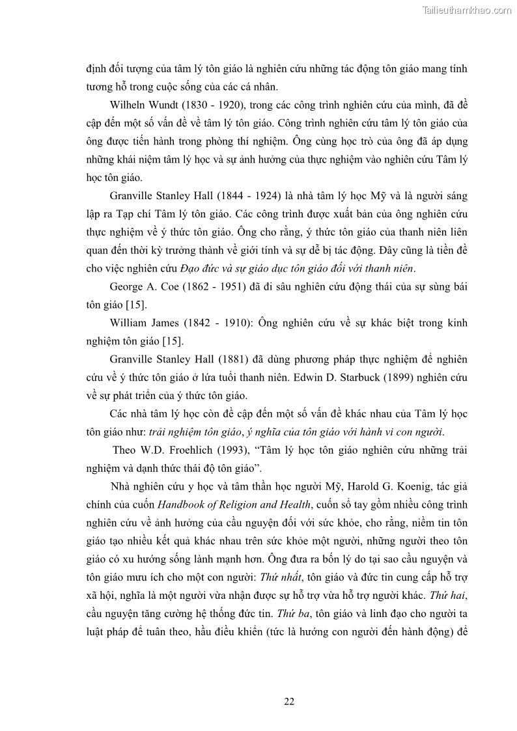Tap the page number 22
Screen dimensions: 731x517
click(290, 701)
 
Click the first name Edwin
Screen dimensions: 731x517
click(312, 378)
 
